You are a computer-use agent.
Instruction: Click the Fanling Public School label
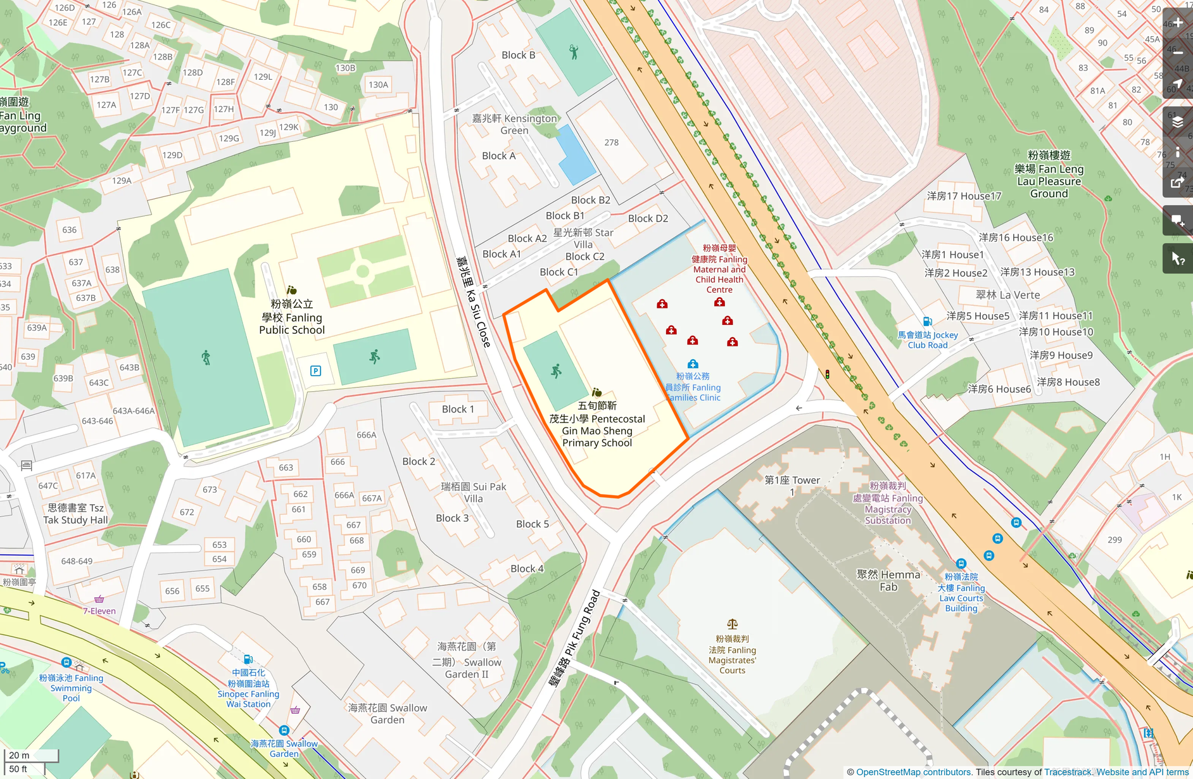(291, 317)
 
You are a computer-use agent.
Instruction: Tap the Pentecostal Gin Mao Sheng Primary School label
(596, 425)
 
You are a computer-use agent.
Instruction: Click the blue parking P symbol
(315, 371)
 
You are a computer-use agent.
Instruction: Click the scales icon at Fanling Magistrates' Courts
(732, 624)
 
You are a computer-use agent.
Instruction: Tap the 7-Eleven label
(99, 611)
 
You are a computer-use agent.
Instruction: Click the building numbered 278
(611, 142)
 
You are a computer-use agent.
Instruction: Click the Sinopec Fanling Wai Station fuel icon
(248, 659)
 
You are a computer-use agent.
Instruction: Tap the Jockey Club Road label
(928, 340)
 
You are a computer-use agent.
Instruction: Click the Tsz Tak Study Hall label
(75, 514)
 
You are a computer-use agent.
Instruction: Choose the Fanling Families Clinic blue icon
(693, 364)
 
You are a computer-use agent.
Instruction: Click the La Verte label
(1007, 294)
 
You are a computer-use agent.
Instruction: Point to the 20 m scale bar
(31, 755)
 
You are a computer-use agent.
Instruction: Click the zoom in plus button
(1178, 23)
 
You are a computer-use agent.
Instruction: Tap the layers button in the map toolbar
(1178, 122)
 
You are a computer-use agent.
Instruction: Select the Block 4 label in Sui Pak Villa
(527, 569)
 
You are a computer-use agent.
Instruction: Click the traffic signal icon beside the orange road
(827, 374)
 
